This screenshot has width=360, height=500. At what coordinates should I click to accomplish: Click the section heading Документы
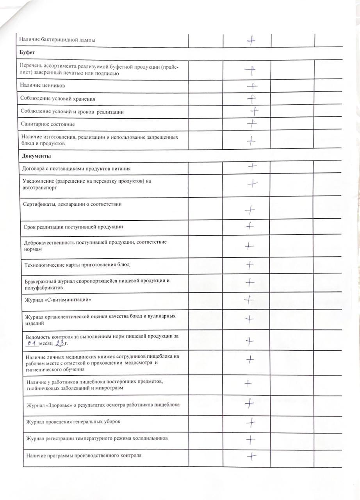36,156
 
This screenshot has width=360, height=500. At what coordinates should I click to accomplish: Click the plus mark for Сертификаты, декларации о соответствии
250,211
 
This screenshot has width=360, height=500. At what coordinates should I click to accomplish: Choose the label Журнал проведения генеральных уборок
73,422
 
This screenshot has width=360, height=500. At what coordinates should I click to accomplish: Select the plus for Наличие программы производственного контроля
251,456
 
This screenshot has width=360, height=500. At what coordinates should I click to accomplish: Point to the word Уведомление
39,181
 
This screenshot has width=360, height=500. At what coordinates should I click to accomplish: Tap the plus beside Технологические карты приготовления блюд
250,266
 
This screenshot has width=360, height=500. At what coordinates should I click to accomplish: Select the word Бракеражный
41,281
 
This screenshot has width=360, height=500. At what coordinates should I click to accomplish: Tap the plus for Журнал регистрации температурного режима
251,439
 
